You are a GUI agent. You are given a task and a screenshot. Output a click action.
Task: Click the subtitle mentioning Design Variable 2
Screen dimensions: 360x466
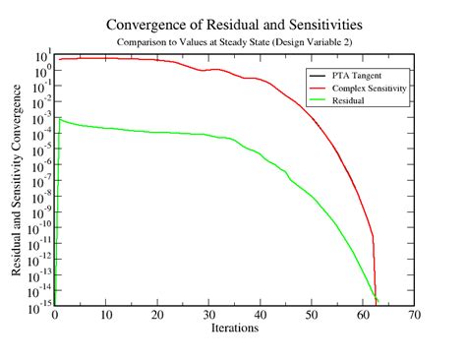[234, 42]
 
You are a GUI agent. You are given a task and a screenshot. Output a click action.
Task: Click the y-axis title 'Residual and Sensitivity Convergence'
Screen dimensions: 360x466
[18, 179]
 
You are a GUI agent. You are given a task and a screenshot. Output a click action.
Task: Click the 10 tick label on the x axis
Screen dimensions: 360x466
[106, 315]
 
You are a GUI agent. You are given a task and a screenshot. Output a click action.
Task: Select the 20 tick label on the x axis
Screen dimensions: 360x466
[157, 315]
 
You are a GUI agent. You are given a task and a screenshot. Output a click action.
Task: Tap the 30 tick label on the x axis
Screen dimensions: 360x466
[209, 315]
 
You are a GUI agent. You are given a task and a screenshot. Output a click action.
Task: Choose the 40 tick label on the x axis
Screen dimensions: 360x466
[261, 315]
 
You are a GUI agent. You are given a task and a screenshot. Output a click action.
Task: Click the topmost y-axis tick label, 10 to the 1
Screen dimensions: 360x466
[41, 54]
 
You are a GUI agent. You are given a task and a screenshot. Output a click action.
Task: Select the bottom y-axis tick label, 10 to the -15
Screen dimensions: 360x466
[39, 304]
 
